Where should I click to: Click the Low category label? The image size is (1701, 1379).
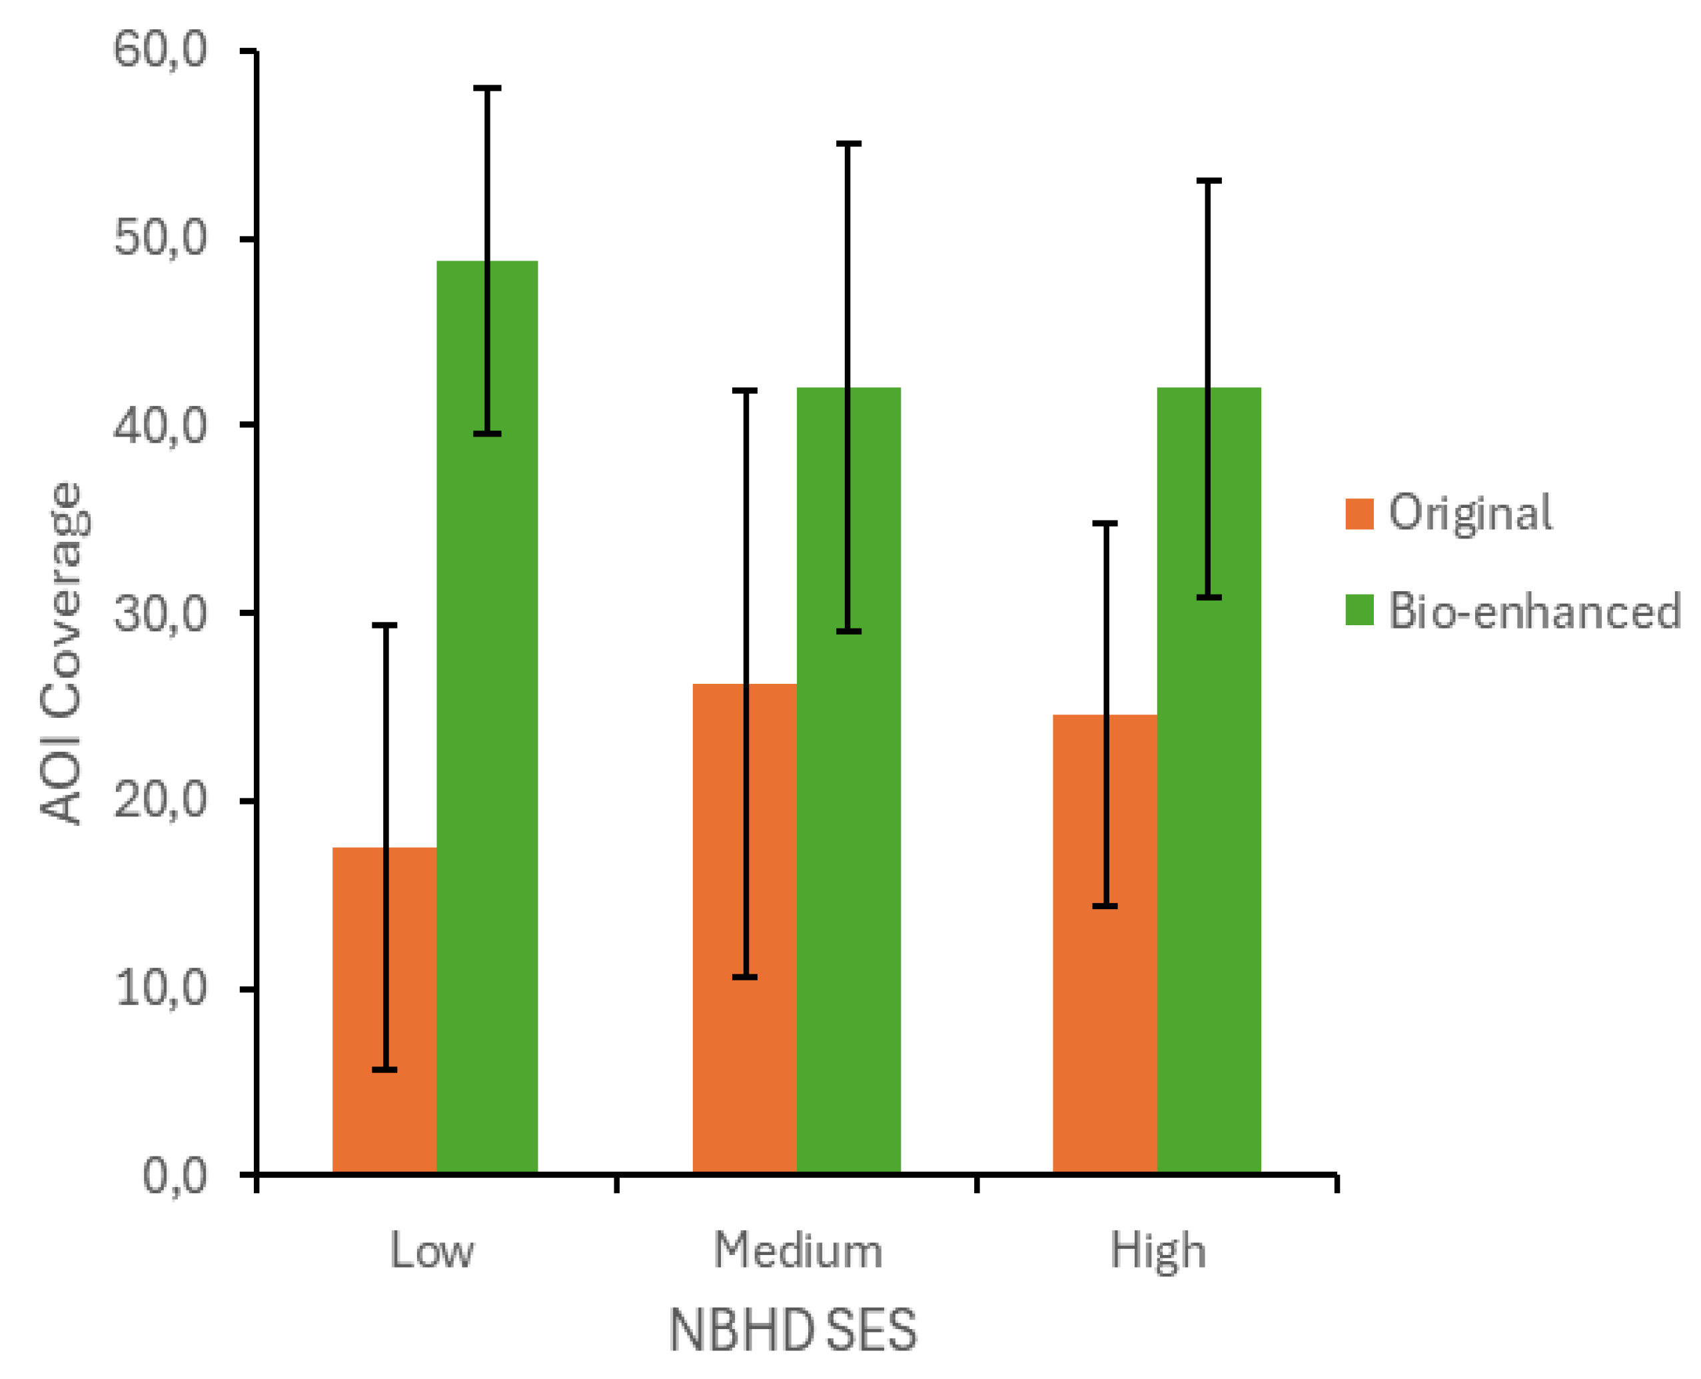(x=431, y=1251)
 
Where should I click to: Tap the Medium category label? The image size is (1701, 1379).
(x=798, y=1251)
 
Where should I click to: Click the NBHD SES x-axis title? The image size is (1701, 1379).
(x=792, y=1330)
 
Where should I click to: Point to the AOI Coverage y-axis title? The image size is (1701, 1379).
(x=61, y=653)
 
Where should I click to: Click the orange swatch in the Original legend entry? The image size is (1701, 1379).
(x=1359, y=513)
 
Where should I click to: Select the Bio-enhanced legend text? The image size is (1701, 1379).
(x=1534, y=612)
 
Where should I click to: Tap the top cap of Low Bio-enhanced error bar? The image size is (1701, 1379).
(x=487, y=88)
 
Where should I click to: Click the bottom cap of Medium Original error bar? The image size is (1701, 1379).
(x=744, y=977)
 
